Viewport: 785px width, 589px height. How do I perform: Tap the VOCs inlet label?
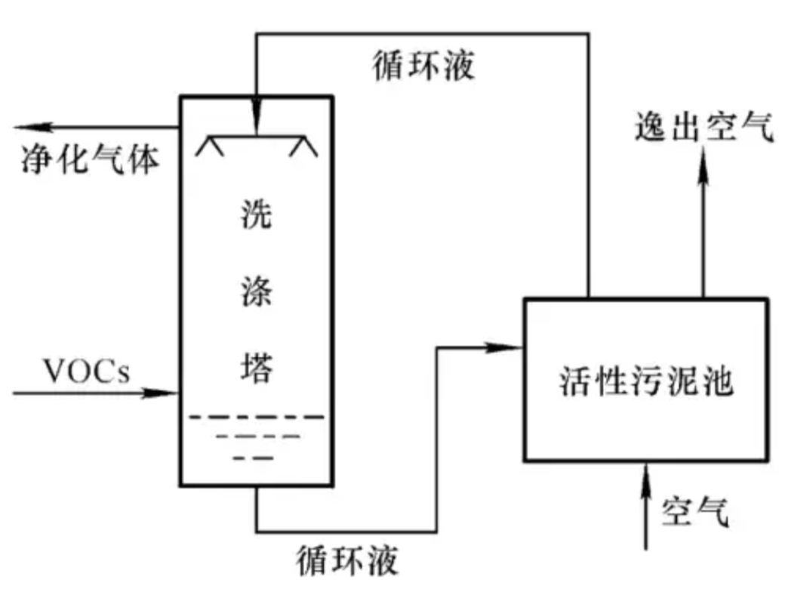click(86, 372)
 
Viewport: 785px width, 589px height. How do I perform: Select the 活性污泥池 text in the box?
click(648, 381)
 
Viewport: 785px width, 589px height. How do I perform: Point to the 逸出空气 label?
click(703, 129)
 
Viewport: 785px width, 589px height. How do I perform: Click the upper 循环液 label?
click(424, 66)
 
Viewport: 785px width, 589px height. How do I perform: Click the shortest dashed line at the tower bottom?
click(254, 458)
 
